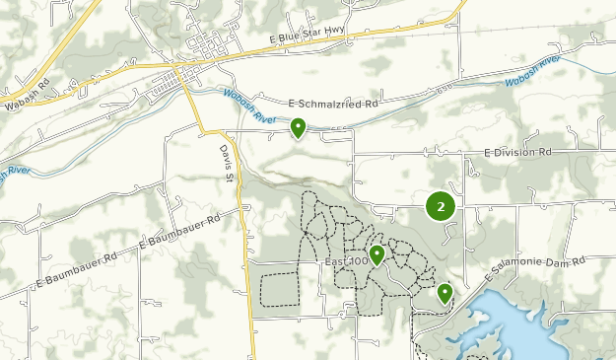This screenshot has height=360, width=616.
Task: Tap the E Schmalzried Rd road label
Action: tap(335, 103)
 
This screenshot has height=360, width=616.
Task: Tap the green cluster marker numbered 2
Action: tap(440, 207)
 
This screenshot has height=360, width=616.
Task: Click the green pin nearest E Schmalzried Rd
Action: tap(298, 127)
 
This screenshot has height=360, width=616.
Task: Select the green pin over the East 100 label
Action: tap(376, 254)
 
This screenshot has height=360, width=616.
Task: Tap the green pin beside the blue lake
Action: tap(445, 293)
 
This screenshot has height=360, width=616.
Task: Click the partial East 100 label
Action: tap(345, 261)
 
